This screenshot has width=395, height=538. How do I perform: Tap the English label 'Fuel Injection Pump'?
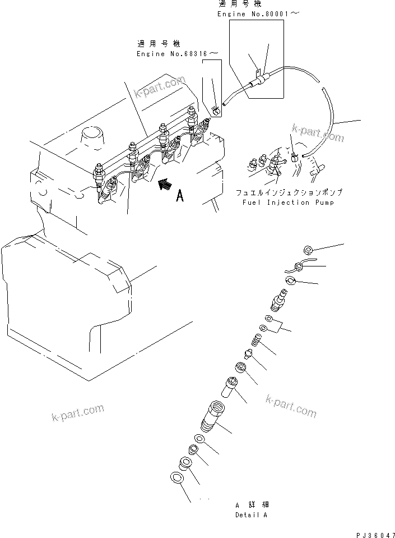pyautogui.click(x=288, y=203)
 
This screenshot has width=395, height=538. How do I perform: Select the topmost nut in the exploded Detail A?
pyautogui.click(x=307, y=250)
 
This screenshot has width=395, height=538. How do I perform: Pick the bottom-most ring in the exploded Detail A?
pyautogui.click(x=175, y=477)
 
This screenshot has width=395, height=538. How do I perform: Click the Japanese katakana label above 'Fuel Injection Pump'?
pyautogui.click(x=288, y=192)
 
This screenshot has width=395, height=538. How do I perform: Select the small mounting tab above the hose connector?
pyautogui.click(x=258, y=72)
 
